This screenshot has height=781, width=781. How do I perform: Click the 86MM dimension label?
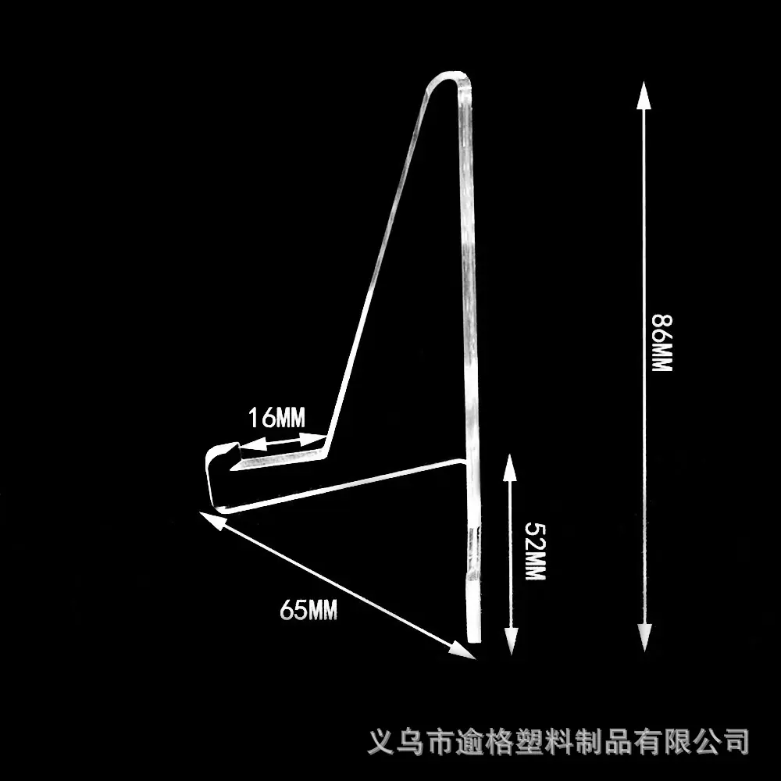662,343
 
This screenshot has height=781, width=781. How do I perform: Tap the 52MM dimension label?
536,551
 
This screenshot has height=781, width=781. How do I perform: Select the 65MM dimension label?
308,609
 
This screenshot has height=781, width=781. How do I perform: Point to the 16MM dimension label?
277,417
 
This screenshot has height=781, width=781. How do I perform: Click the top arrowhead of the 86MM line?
644,95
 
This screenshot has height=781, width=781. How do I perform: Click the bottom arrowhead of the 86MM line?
644,638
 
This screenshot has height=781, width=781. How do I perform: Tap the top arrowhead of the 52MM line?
509,467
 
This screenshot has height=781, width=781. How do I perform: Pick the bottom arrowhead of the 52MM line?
511,641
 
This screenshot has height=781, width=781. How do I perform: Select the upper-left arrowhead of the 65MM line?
211,519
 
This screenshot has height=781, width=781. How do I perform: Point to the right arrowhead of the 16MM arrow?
313,439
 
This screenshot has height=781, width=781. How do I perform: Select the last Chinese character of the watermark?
736,742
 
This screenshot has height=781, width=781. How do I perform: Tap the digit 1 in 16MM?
252,417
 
